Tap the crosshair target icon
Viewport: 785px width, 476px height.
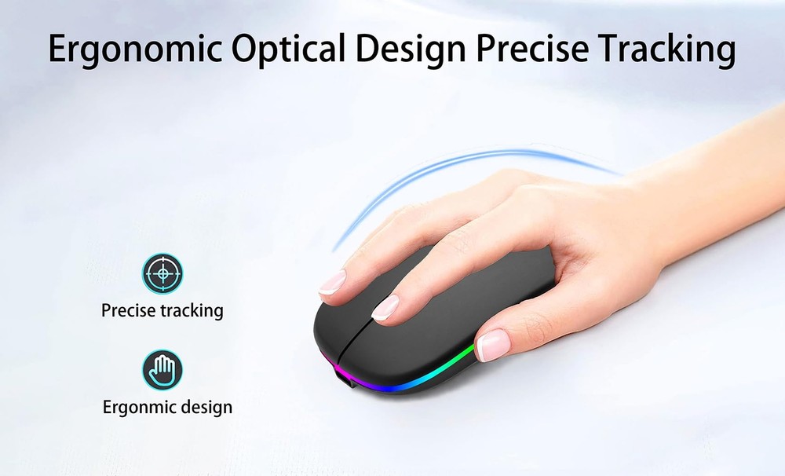pos(162,273)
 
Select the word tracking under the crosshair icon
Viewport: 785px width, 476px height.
pos(192,310)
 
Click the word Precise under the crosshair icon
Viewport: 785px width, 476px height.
pos(129,310)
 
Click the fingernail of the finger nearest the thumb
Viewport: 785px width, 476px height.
pos(385,307)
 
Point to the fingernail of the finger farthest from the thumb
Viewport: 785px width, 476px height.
pos(332,282)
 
